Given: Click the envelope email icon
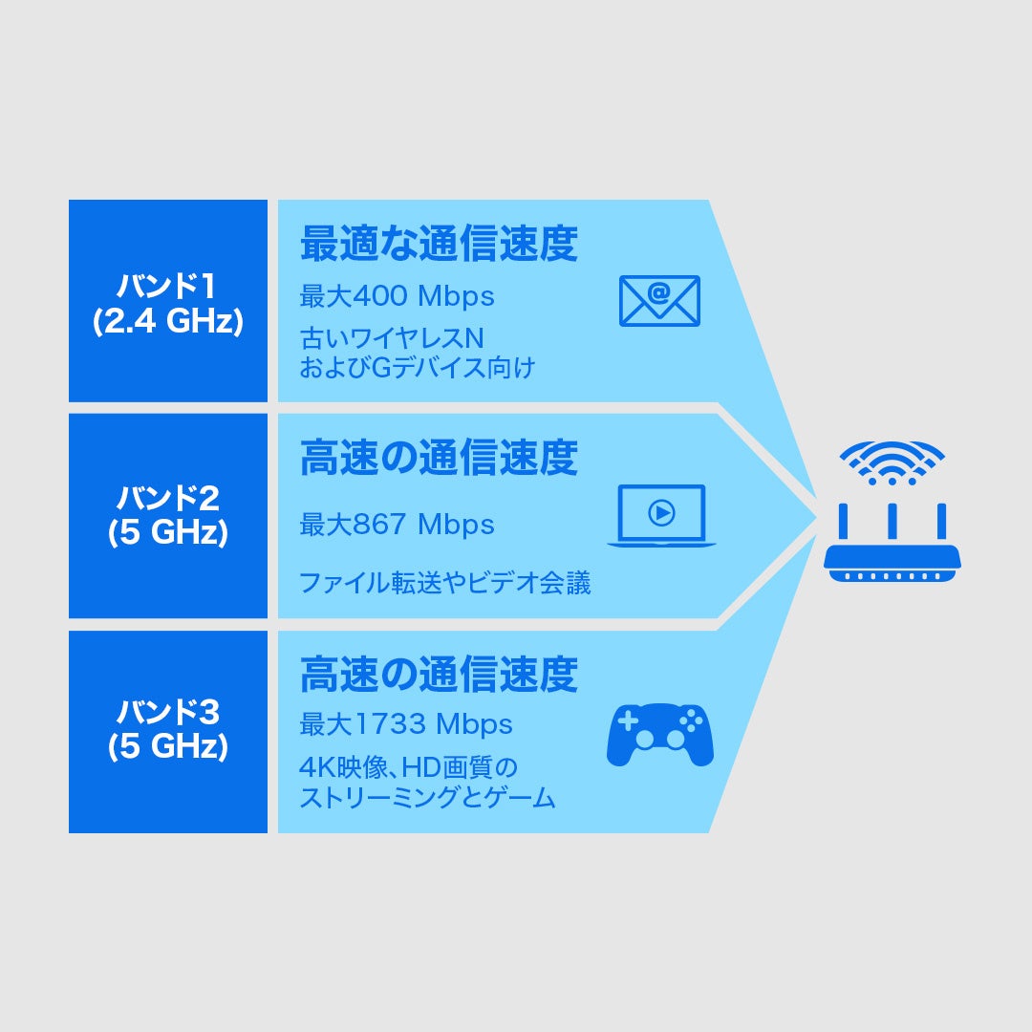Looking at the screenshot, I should point(659,300).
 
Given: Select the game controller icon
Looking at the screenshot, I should point(660,734).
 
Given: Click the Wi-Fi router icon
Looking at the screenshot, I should point(892,543).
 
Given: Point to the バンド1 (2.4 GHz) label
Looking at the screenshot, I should point(168,302).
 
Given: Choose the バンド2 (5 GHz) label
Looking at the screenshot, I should point(168,516).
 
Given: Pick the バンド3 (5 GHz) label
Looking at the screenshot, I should point(168,730).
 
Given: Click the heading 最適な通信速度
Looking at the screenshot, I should point(439,244).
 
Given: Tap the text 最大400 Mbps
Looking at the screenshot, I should point(398,296).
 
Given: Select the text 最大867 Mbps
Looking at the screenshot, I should point(398,524).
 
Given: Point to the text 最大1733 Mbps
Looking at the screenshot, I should point(406,724).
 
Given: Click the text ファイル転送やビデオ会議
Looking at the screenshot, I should point(445,582).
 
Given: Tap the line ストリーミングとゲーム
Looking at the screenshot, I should point(427,798).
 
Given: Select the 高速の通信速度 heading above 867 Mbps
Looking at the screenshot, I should point(439,459).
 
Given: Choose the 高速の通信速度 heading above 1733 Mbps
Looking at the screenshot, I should point(439,675).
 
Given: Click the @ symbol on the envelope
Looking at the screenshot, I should point(659,290).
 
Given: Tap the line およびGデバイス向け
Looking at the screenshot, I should point(417,368).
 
